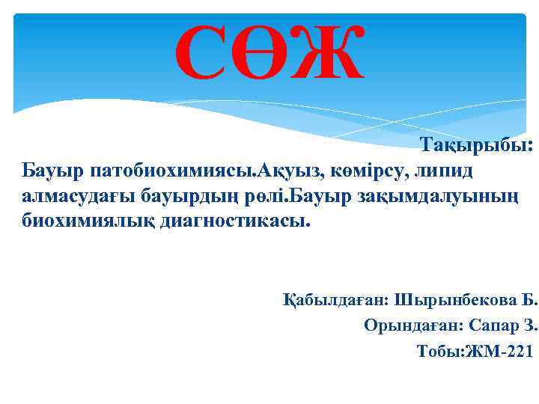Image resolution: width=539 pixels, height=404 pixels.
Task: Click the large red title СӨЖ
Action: [269, 55]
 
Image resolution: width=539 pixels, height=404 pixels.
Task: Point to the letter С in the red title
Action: [202, 55]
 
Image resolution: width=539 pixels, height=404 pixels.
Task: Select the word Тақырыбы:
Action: [476, 145]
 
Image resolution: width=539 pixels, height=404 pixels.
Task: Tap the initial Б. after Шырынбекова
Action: [531, 301]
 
